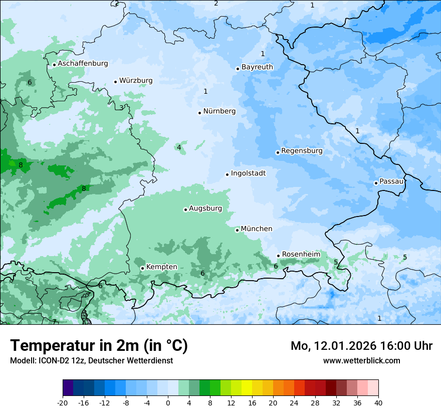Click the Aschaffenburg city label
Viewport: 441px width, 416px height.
(x=83, y=64)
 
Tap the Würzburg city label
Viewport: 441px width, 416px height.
(x=136, y=81)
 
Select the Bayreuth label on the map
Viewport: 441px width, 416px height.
(x=257, y=67)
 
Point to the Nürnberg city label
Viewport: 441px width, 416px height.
(x=219, y=111)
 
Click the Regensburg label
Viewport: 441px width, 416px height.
(x=302, y=151)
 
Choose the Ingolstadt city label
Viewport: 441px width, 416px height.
(x=248, y=173)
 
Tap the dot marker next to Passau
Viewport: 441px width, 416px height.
(x=376, y=183)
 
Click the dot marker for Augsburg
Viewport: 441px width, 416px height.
(x=185, y=210)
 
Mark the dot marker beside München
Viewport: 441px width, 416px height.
(x=237, y=230)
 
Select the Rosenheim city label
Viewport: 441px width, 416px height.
(x=301, y=255)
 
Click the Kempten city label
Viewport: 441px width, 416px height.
(x=161, y=267)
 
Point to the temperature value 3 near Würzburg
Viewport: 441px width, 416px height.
(x=121, y=108)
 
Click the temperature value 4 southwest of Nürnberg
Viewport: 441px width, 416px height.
(x=179, y=147)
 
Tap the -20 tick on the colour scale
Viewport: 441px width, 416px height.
(x=63, y=403)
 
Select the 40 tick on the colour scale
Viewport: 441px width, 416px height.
(x=378, y=403)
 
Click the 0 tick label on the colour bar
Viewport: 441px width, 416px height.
(x=168, y=403)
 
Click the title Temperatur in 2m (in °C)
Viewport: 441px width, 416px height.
(x=99, y=346)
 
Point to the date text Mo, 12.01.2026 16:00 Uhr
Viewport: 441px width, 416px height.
(x=361, y=346)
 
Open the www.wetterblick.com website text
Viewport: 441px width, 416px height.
(x=361, y=361)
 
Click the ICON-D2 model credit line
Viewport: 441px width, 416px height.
(x=91, y=361)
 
